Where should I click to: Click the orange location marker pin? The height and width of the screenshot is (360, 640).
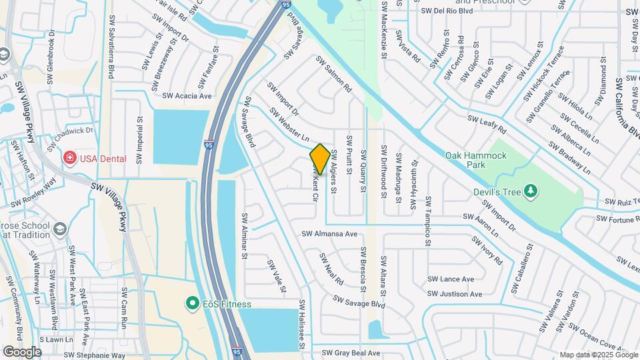tap(320, 159)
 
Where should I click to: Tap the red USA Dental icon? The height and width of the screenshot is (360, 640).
tap(69, 159)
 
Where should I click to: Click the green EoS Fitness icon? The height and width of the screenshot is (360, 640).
tap(193, 304)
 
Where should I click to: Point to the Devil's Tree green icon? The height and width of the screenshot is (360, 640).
tap(531, 192)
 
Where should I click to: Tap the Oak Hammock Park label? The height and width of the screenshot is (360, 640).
tap(476, 160)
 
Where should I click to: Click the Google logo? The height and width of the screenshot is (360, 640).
tap(22, 351)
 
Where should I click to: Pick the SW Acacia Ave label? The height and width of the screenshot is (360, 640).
tap(183, 96)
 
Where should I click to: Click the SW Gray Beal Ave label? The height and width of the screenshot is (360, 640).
tap(351, 353)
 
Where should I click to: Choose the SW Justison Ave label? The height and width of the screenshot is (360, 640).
tap(455, 293)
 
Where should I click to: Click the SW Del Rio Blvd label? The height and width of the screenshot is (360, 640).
tap(447, 11)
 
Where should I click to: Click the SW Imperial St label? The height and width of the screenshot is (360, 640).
tap(139, 137)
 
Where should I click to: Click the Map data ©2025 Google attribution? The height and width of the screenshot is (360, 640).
tap(599, 355)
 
